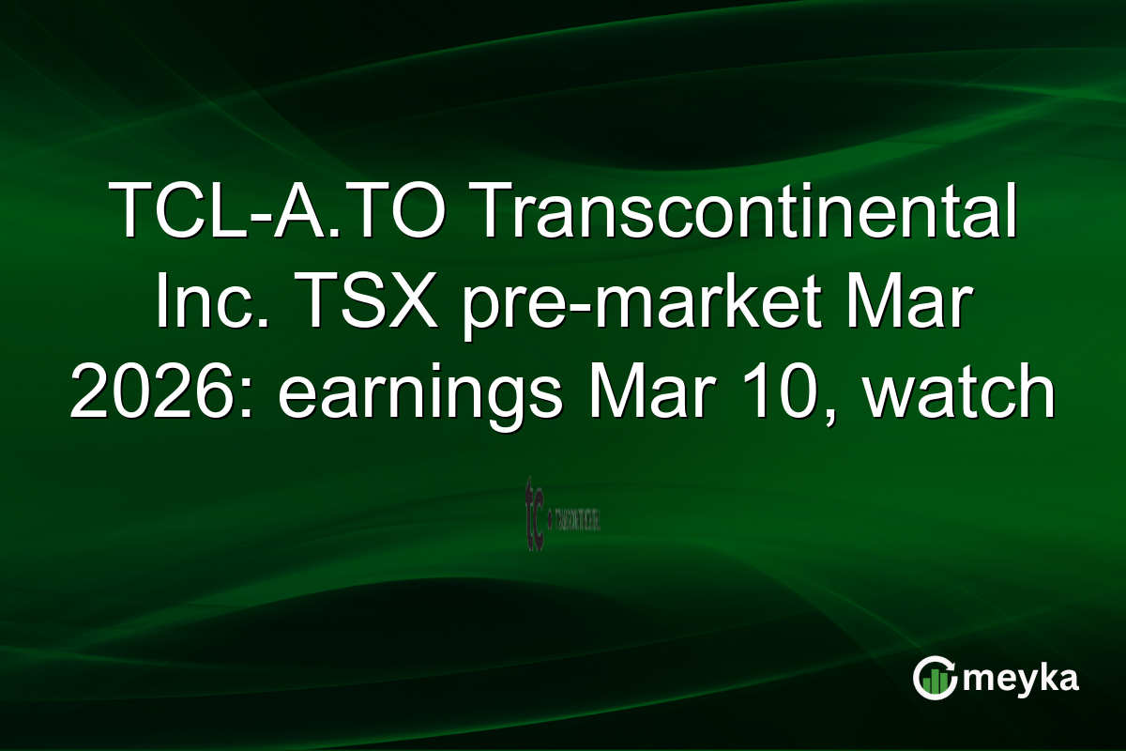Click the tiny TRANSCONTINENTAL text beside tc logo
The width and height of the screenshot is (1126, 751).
point(578,518)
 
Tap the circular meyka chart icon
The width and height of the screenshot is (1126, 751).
point(935,677)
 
